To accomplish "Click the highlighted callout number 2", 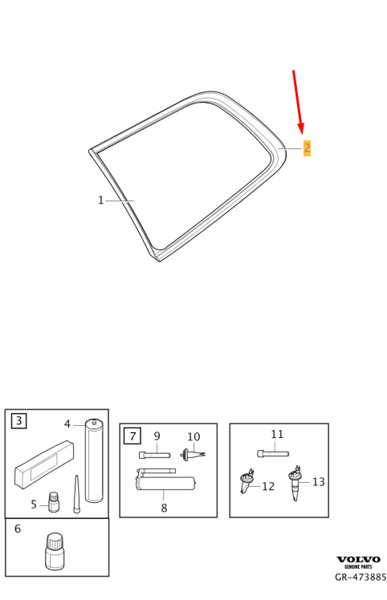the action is tap(307, 148).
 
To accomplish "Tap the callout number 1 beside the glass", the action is tap(101, 200).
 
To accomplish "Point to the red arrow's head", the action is tap(301, 128).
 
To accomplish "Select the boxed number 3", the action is tap(18, 421).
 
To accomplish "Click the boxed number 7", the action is tap(133, 436).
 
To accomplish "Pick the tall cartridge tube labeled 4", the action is tap(94, 460).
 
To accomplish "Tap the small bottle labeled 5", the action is tap(54, 502).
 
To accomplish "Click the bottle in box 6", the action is tap(55, 551).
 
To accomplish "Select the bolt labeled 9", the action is tap(154, 455).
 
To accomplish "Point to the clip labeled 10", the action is tap(193, 455).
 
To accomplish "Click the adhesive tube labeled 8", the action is tap(166, 480).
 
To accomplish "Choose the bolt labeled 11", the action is tap(273, 454).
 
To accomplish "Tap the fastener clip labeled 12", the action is tap(246, 480).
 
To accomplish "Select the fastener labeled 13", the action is tap(295, 483).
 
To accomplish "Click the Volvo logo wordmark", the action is tap(358, 559).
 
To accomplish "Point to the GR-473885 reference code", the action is tap(361, 577).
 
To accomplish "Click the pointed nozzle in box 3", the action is tap(76, 494).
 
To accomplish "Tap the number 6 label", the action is tap(18, 529).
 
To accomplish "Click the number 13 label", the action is tap(319, 482).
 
